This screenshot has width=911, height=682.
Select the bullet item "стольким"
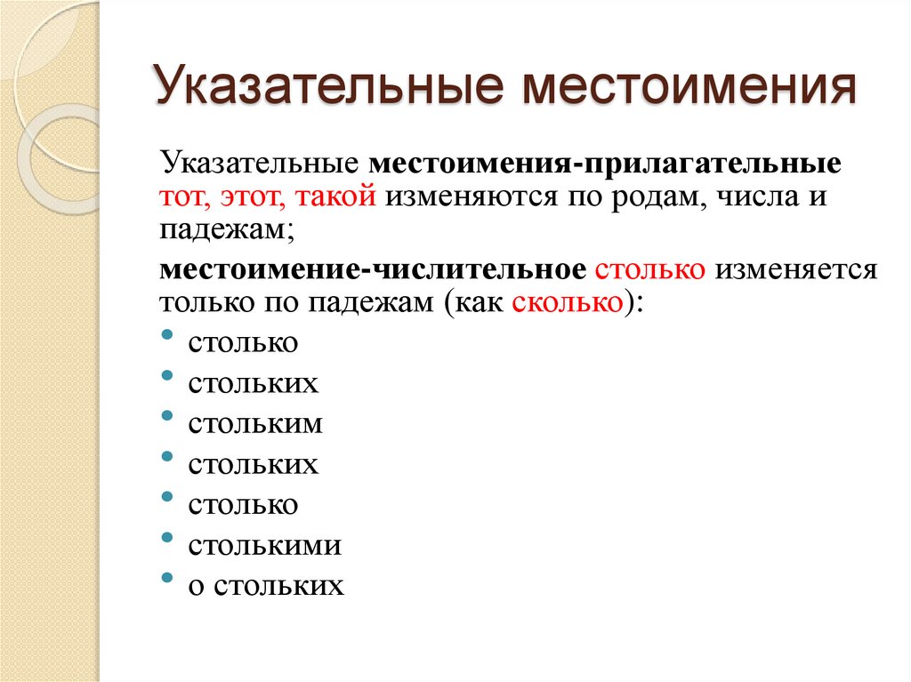pos(255,423)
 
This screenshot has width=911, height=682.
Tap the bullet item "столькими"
pos(264,545)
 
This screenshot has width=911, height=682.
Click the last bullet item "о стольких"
pos(266,585)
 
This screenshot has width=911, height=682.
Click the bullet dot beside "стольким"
pos(168,416)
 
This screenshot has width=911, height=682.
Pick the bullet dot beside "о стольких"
pos(168,578)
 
